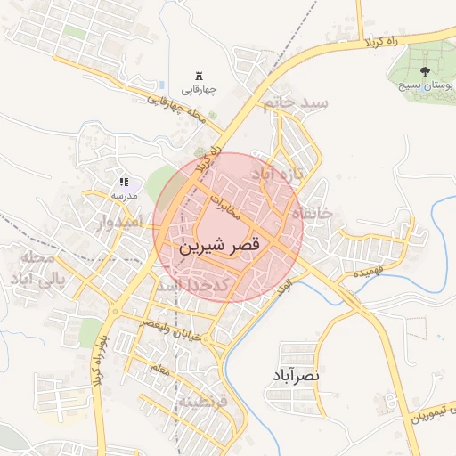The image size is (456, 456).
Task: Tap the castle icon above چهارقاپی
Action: point(198,76)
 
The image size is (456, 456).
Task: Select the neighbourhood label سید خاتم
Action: point(296,103)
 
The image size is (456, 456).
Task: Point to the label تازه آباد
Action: point(277,172)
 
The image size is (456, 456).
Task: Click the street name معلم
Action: point(160,368)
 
